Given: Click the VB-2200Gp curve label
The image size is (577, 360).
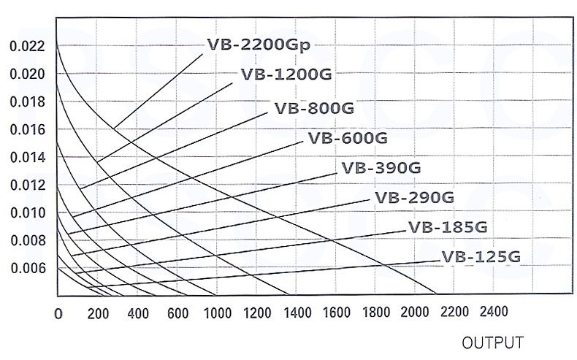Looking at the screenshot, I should tap(259, 45).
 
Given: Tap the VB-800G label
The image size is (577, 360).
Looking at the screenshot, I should tap(314, 109).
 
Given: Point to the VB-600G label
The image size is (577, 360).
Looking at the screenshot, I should tap(348, 138).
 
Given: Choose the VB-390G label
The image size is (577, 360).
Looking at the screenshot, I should tap(381, 168).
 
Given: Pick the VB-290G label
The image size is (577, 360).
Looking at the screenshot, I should tap(415, 197).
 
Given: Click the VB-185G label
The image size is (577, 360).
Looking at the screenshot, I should tap(448, 226).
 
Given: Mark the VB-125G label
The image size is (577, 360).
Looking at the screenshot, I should tap(481, 257).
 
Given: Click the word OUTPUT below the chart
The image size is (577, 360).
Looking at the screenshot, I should tap(492, 342).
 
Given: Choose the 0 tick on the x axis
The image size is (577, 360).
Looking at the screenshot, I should tap(58, 313).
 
